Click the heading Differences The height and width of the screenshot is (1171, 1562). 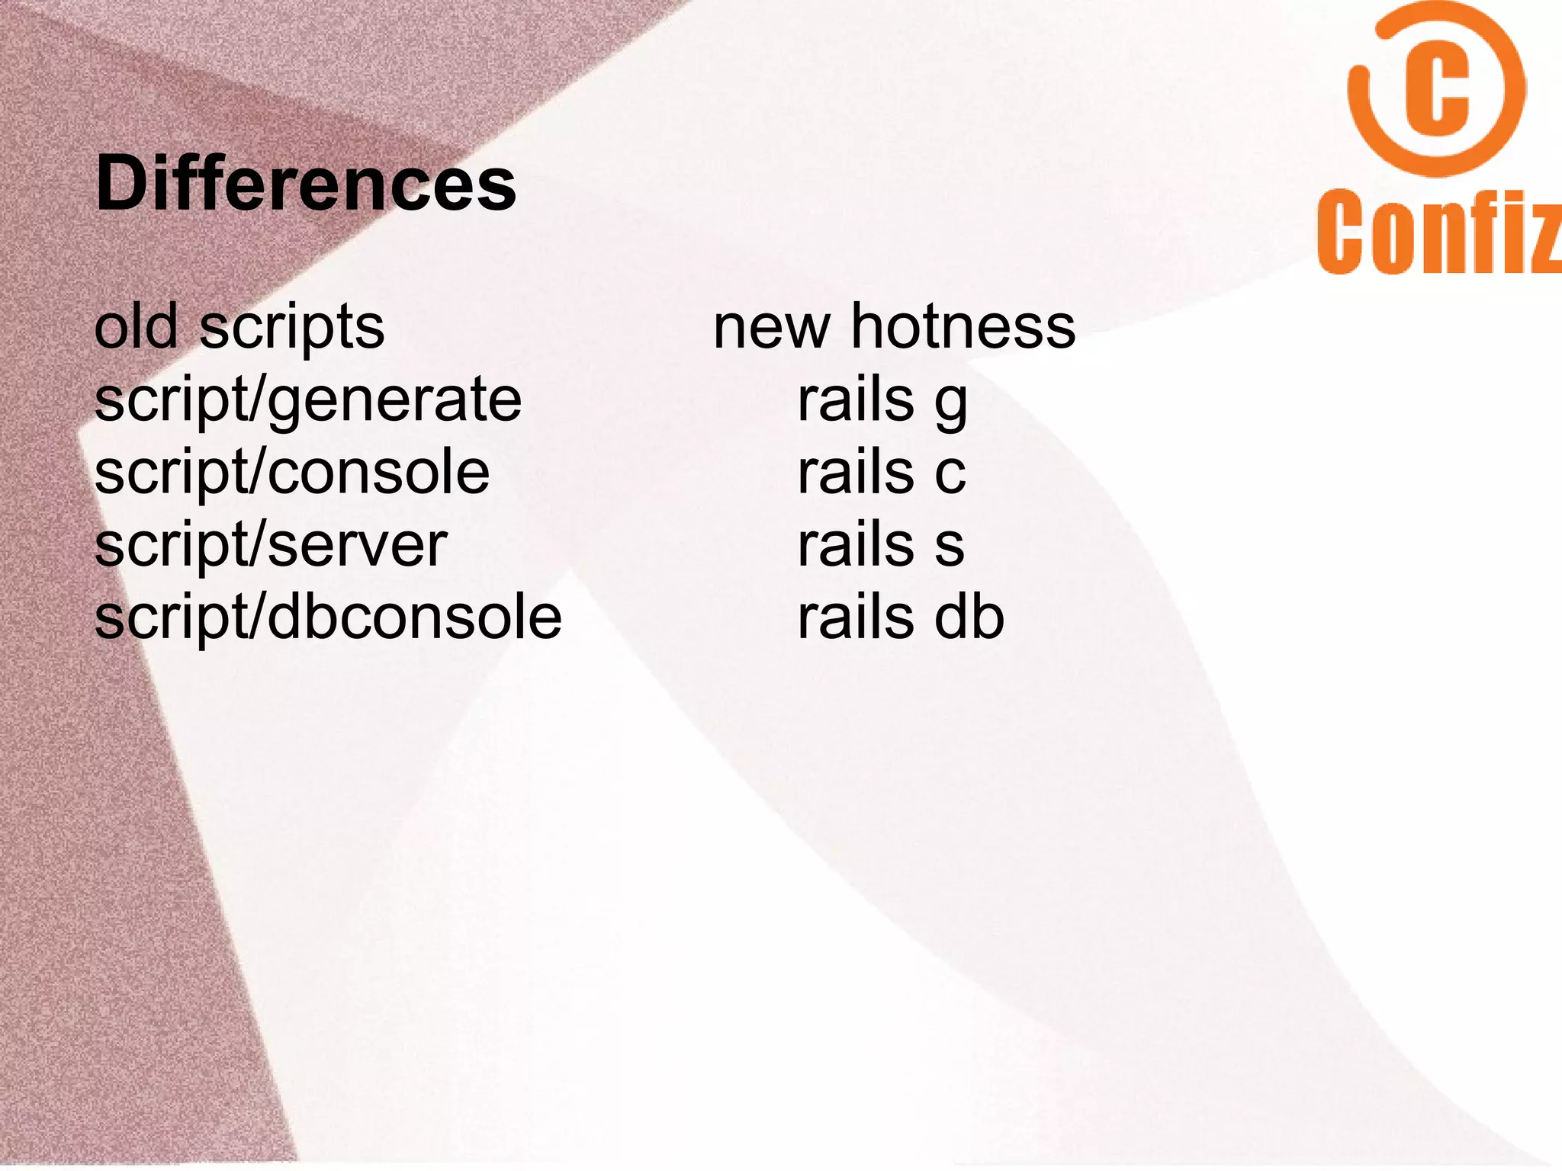point(306,184)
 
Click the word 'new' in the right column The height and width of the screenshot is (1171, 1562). point(771,328)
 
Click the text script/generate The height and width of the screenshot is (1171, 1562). point(308,400)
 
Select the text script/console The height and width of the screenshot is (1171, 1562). point(292,472)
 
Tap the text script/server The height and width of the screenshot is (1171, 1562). point(271,545)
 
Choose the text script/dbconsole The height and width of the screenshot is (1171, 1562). point(328,617)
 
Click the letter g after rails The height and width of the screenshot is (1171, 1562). point(951,403)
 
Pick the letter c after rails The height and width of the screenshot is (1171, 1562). point(950,473)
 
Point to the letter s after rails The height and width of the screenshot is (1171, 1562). point(950,546)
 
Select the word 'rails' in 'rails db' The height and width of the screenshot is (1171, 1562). point(855,617)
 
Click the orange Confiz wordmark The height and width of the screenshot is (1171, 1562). point(1438,232)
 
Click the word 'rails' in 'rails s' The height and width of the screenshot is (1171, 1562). point(855,544)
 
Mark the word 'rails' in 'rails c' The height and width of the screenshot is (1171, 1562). point(855,472)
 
